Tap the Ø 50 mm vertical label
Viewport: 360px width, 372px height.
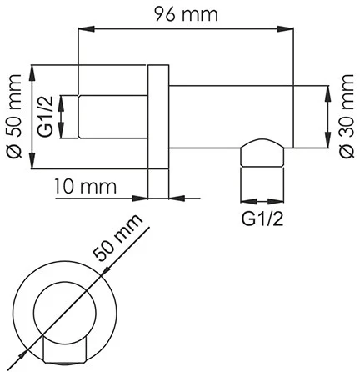[14, 116]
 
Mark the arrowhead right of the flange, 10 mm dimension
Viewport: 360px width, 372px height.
[173, 198]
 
